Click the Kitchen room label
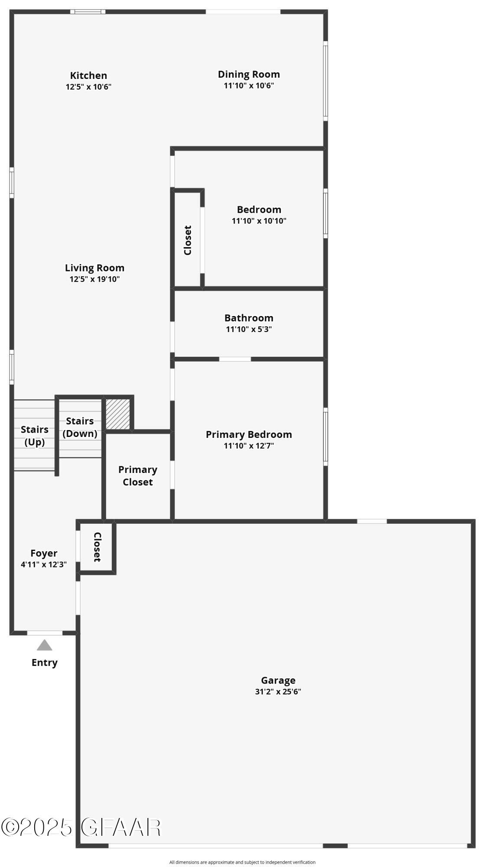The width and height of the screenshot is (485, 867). click(88, 75)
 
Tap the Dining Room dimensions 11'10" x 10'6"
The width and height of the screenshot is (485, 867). click(249, 86)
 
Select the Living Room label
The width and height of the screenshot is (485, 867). click(94, 268)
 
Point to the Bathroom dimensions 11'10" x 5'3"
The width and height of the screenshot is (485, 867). click(249, 329)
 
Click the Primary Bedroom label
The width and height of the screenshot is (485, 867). click(249, 434)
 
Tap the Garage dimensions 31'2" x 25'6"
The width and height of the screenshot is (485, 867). click(278, 691)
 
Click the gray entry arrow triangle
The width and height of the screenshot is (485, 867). click(44, 645)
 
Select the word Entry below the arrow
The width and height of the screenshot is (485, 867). click(44, 662)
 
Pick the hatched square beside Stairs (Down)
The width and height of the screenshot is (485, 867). click(118, 414)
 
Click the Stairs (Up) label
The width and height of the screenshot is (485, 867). click(35, 436)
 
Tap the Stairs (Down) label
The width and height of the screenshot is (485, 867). click(80, 427)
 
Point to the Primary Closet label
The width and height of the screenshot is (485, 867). click(138, 476)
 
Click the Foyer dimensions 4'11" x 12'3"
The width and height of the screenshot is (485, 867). click(44, 565)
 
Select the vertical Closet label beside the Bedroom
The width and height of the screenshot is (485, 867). click(188, 240)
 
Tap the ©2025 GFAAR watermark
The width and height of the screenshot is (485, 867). click(81, 827)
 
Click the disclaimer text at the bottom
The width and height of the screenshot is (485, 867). click(242, 862)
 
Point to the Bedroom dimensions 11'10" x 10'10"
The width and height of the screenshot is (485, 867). click(259, 221)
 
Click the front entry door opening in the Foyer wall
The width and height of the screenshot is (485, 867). click(45, 633)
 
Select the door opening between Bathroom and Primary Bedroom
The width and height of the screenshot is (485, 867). click(235, 359)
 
